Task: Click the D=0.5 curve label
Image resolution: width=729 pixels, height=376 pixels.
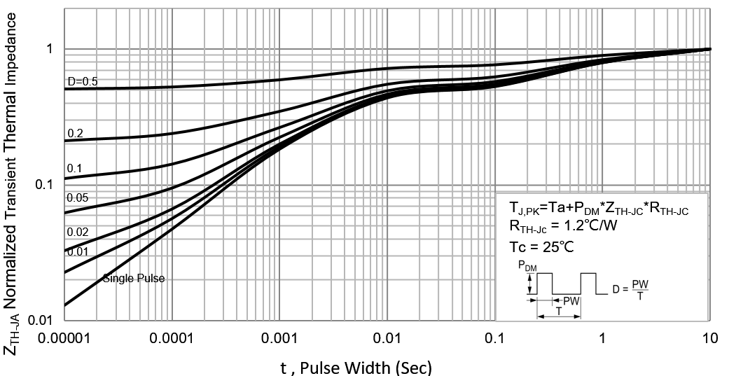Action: point(82,82)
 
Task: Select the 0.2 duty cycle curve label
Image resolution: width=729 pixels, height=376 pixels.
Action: point(75,133)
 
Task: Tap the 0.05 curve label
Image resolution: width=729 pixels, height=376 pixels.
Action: point(77,198)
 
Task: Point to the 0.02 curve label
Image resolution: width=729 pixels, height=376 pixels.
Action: point(77,232)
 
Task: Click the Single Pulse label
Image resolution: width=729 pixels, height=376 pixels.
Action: point(134,279)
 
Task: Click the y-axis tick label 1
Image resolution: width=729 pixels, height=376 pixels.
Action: point(50,49)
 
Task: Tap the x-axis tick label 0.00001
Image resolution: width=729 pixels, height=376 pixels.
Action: point(64,339)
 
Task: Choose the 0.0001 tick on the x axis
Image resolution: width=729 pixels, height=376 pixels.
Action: point(172,339)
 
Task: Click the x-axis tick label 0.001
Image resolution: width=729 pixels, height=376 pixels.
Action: point(279,339)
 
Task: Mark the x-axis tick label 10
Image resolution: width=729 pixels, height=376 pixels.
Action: point(709,339)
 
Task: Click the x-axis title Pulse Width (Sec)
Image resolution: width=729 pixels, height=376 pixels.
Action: point(356,365)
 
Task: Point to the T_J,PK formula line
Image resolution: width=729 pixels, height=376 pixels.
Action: point(599,209)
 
